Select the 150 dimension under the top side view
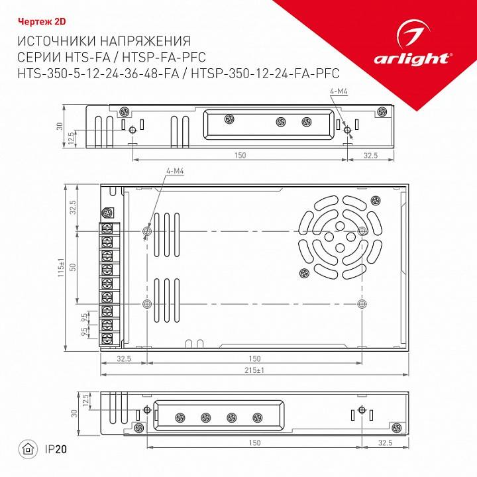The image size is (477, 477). pos(240,155)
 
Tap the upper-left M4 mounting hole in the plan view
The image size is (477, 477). pos(147,231)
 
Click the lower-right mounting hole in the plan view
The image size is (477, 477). pos(361,303)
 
